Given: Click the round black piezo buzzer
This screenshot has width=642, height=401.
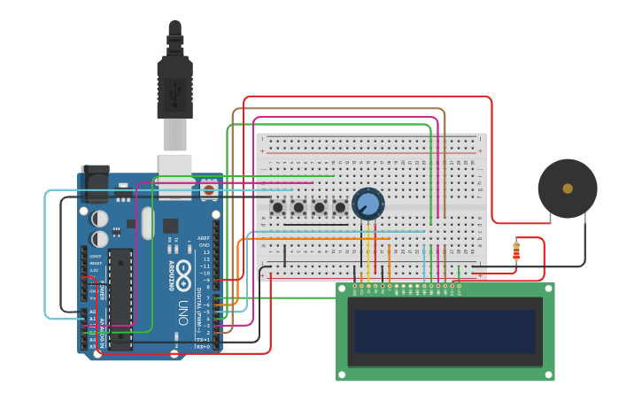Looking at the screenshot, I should (567, 189).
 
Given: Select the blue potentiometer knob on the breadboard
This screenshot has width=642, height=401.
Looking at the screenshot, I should (367, 204).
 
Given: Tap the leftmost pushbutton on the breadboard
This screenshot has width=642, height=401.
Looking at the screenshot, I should (277, 207).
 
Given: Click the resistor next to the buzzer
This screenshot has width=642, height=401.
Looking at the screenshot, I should (516, 251).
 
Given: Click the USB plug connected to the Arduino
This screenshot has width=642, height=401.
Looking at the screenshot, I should (174, 89).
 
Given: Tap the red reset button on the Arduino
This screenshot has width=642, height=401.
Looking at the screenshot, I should (208, 189).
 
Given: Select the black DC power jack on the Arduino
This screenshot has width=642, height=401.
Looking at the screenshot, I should (95, 183).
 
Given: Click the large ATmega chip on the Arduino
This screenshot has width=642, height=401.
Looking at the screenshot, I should (120, 299).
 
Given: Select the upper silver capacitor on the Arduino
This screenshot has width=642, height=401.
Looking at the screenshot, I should (100, 218).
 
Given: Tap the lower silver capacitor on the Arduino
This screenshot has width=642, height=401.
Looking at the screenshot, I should (100, 238).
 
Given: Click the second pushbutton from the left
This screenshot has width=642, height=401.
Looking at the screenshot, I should (298, 207).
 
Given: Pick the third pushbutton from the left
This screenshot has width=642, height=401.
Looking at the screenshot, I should (320, 207).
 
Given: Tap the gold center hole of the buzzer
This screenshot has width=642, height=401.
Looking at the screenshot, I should (567, 189).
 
